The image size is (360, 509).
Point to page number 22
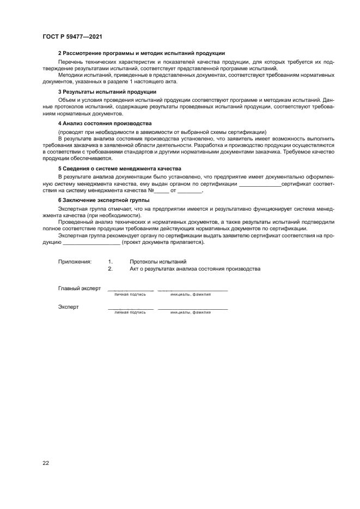click(46, 463)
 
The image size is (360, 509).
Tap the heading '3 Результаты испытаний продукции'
click(100, 92)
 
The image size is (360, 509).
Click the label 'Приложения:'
click(75, 262)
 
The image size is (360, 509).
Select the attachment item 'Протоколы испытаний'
click(158, 262)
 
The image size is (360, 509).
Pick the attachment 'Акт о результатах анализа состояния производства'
click(195, 269)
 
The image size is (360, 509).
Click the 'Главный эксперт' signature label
click(80, 289)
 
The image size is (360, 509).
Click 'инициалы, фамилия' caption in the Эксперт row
click(190, 312)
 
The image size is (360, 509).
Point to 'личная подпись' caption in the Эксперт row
click(130, 312)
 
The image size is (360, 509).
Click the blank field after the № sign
click(162, 192)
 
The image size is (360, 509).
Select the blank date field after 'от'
click(190, 192)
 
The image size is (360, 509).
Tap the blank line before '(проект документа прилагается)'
click(87, 243)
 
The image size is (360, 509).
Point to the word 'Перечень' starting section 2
click(69, 62)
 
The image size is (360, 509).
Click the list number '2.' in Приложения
click(110, 269)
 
